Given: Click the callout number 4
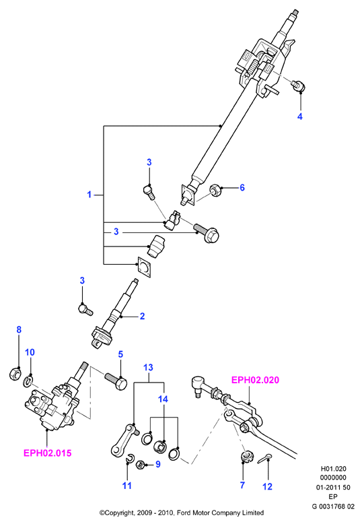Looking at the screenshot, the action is click(300, 117).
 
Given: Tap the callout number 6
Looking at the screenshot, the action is click(242, 187).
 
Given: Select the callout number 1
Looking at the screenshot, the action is click(89, 195).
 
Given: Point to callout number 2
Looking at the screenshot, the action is click(142, 317).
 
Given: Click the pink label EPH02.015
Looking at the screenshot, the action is click(48, 453).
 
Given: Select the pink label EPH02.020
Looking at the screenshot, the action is click(256, 380).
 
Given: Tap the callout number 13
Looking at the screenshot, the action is click(148, 367).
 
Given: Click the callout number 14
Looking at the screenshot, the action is click(163, 399).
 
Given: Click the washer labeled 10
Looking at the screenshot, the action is click(28, 381).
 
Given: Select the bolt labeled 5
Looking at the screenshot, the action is click(116, 381).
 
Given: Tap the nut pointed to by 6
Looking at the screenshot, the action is click(215, 191).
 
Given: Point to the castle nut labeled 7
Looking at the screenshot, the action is click(247, 457).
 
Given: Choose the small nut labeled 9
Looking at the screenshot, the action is click(141, 465).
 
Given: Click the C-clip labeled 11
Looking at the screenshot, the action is click(130, 457).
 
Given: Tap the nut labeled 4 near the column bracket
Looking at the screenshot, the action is click(297, 86).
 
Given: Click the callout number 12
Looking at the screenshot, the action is click(267, 486).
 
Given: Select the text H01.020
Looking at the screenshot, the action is click(334, 469).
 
